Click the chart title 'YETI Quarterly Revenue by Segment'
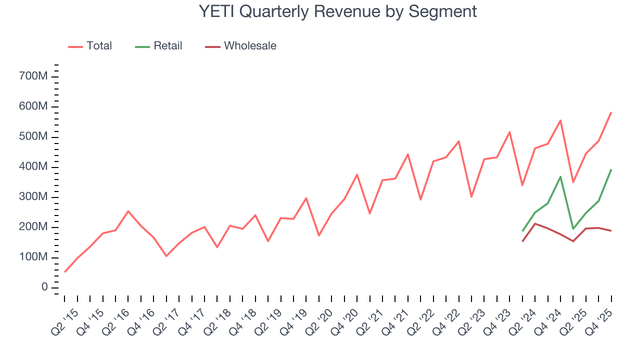337,11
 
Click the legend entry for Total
99,46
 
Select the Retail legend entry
167,46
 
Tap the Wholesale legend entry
250,46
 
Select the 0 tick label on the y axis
44,287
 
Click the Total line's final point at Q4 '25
611,112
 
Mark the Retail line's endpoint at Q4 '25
611,169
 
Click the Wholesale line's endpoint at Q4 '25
611,230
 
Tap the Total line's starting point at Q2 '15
65,272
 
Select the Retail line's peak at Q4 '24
560,176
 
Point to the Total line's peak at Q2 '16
128,211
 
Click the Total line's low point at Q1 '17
166,256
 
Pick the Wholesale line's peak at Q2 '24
535,223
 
